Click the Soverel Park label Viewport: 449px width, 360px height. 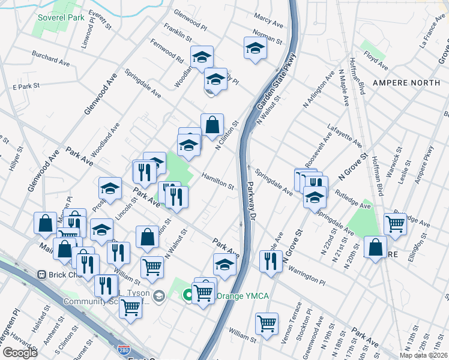(x=61, y=17)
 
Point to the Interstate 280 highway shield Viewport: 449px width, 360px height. (x=124, y=349)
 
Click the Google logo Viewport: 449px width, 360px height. (x=20, y=353)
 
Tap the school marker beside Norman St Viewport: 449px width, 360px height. (x=255, y=48)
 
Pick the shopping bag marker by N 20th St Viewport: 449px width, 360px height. (x=375, y=247)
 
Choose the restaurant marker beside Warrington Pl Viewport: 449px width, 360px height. (x=271, y=261)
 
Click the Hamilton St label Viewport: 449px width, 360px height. (x=218, y=181)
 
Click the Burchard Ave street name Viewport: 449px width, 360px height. (x=52, y=61)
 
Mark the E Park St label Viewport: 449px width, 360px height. (x=26, y=88)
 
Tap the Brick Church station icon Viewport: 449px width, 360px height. (x=42, y=275)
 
